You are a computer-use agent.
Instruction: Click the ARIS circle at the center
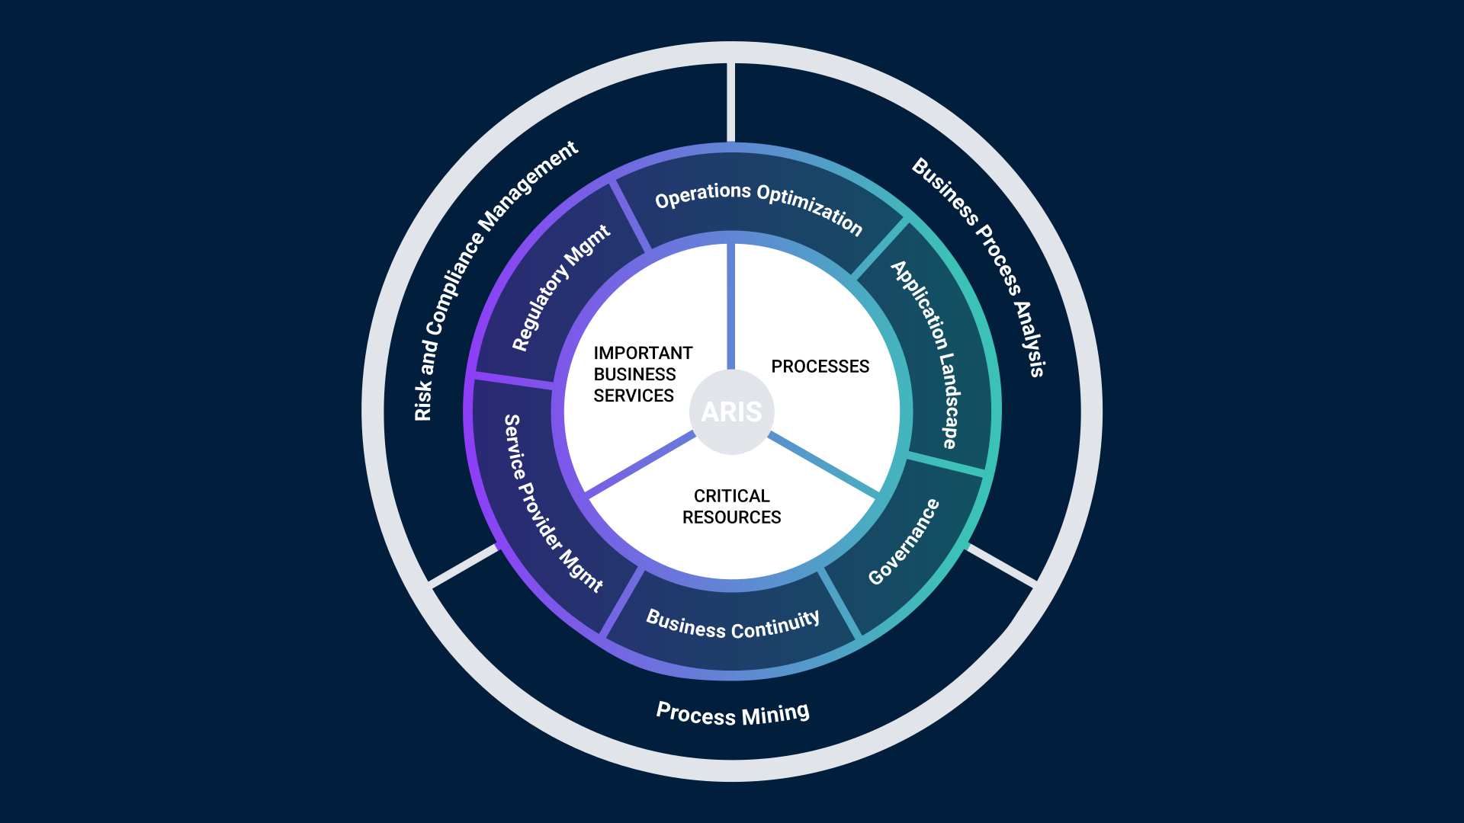pyautogui.click(x=731, y=411)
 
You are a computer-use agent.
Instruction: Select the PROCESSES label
pyautogui.click(x=820, y=367)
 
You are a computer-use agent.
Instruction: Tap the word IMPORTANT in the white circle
pyautogui.click(x=643, y=353)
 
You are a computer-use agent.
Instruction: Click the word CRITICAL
pyautogui.click(x=731, y=496)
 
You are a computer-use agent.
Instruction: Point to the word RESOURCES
pyautogui.click(x=731, y=517)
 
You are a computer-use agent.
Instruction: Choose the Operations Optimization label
pyautogui.click(x=759, y=206)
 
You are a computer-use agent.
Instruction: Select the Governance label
pyautogui.click(x=904, y=542)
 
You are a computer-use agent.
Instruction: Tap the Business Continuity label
pyautogui.click(x=733, y=625)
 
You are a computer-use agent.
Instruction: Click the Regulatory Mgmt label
pyautogui.click(x=560, y=287)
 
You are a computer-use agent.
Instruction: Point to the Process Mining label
pyautogui.click(x=733, y=714)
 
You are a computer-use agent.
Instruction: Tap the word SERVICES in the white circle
pyautogui.click(x=634, y=395)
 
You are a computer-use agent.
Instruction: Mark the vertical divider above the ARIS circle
pyautogui.click(x=731, y=305)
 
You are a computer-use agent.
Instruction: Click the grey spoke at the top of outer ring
pyautogui.click(x=730, y=102)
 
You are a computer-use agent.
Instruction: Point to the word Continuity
pyautogui.click(x=775, y=626)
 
